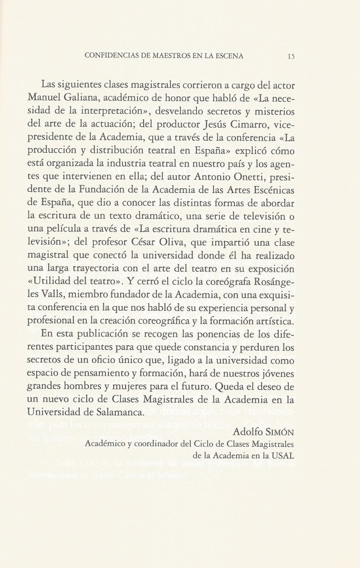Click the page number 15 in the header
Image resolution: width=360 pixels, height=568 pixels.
291,56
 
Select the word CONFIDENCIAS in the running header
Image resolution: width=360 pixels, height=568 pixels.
110,56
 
